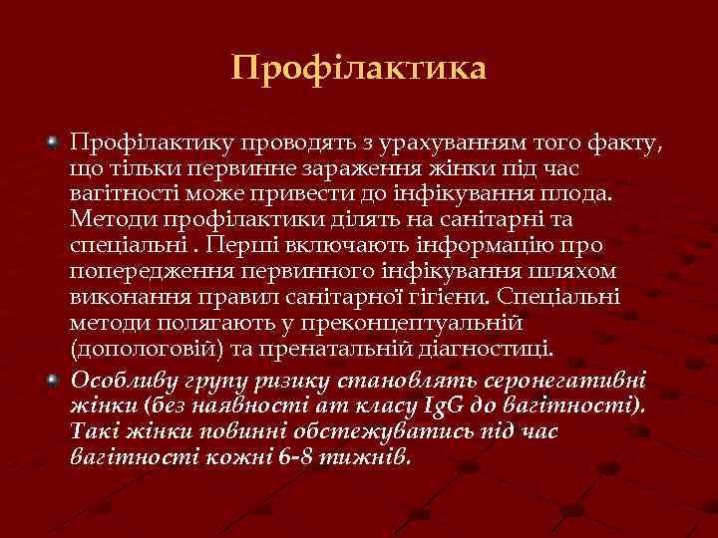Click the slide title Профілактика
359,69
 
